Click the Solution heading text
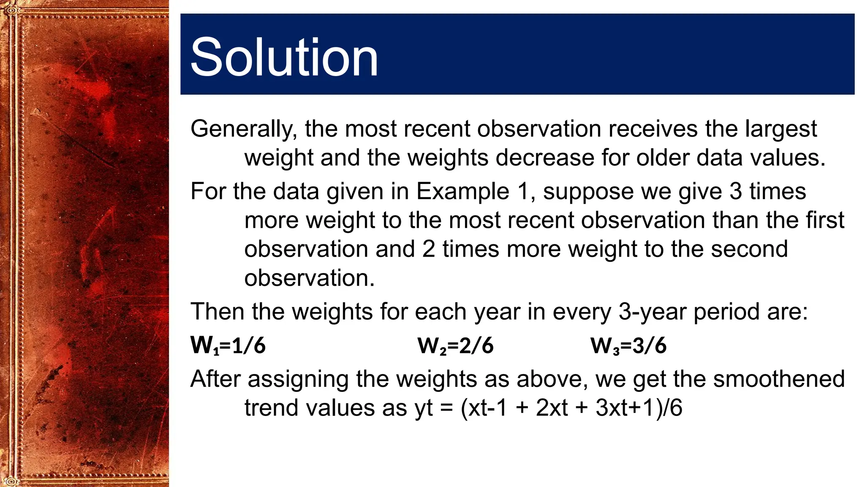point(284,57)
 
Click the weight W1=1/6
point(228,345)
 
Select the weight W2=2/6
point(455,345)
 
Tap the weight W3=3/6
point(628,345)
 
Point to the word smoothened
point(779,379)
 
